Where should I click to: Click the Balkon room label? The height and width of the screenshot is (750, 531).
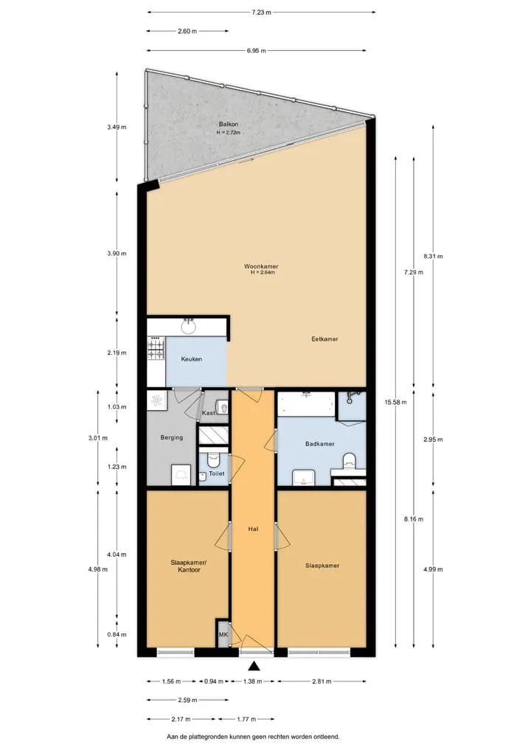229,125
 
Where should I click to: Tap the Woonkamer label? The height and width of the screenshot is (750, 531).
261,266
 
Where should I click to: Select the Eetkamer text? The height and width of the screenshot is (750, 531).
324,339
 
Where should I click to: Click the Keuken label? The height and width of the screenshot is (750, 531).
191,359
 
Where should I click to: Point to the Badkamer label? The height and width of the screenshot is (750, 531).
320,444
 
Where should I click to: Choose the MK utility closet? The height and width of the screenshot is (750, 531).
223,634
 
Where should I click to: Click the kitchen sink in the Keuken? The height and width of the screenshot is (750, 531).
189,327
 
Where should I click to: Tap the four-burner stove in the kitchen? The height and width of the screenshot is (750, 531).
156,348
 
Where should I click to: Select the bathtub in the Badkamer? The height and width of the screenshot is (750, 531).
307,404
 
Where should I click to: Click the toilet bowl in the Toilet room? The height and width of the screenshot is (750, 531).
213,459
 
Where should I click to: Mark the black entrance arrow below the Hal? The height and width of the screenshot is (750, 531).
254,665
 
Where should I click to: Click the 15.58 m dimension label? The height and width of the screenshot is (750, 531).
395,402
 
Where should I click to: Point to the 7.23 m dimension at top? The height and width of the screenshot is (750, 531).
261,13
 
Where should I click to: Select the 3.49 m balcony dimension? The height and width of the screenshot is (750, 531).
117,128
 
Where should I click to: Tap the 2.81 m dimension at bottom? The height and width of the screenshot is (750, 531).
322,681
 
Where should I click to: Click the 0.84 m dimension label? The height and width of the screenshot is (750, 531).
117,635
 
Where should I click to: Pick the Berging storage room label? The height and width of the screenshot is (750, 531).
172,437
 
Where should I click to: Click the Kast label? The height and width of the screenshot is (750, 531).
208,413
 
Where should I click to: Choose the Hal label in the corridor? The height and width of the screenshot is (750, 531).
254,529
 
